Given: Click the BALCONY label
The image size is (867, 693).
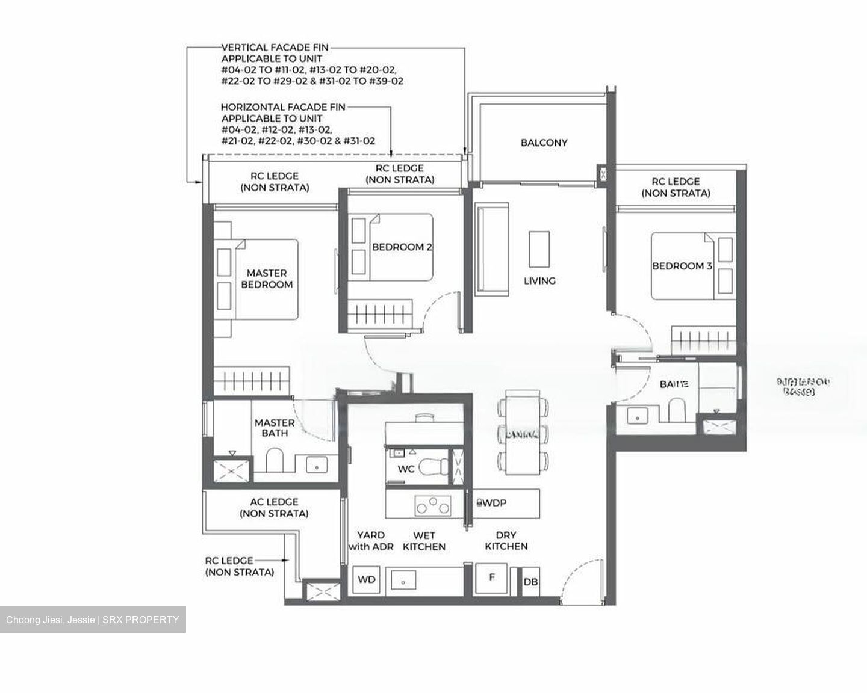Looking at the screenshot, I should (x=544, y=143).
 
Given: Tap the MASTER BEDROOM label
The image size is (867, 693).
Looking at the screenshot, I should (x=267, y=279).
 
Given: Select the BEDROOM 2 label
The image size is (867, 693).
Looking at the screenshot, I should (x=402, y=247).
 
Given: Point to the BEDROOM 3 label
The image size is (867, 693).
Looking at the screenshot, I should (x=682, y=266).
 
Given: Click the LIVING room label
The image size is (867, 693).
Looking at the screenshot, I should (x=539, y=280).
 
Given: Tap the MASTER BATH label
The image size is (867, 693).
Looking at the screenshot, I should (x=275, y=428).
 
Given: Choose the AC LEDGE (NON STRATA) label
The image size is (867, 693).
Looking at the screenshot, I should (x=274, y=508).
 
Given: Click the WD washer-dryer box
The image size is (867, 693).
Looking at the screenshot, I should (x=367, y=580).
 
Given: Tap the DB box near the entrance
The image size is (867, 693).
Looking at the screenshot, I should (x=530, y=582).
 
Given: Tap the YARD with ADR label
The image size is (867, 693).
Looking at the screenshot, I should (x=371, y=541).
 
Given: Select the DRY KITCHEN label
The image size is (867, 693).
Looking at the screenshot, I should (x=506, y=541).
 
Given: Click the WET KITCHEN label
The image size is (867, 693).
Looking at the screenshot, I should (x=424, y=541).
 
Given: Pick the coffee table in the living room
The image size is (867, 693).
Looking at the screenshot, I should (x=539, y=248).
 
